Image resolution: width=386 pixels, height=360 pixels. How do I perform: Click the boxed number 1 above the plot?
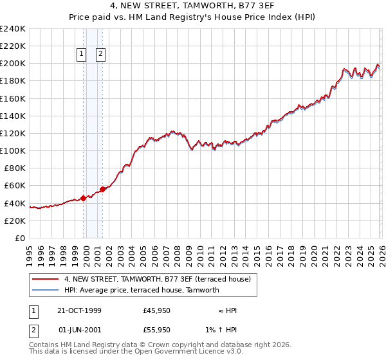[82, 55]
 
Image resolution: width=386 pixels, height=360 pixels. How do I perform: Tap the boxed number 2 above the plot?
[101, 55]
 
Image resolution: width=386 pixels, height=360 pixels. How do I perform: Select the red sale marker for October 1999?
[83, 198]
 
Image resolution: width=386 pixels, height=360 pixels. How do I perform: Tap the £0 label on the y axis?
[20, 238]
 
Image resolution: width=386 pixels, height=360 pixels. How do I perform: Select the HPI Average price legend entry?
[142, 290]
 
